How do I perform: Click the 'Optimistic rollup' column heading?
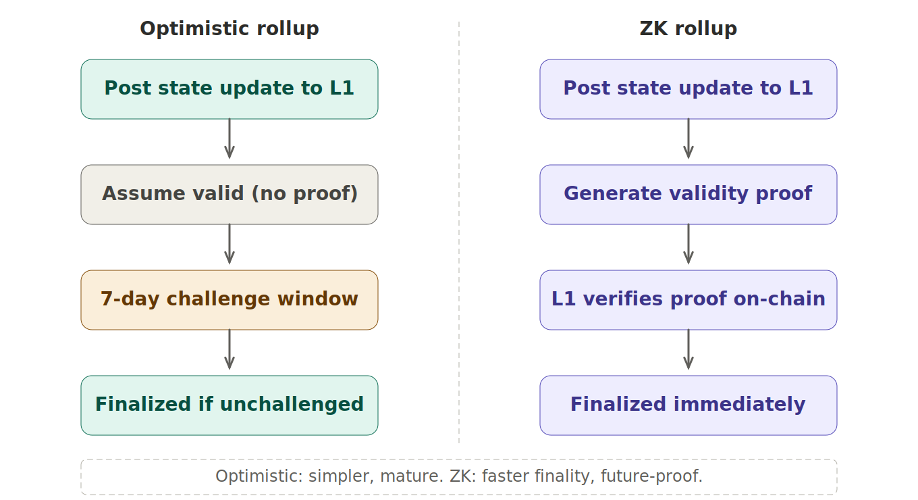230,29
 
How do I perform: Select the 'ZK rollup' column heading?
688,29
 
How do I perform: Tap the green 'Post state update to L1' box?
230,89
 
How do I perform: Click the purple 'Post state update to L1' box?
688,89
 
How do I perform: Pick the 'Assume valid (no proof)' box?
230,195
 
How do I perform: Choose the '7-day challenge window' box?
230,300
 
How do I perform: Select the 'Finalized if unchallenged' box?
230,405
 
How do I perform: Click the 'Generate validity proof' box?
688,195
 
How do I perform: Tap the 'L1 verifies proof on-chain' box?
688,300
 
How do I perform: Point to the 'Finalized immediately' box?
688,405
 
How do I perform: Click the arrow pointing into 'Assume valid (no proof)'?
230,141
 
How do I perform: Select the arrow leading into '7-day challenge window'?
230,246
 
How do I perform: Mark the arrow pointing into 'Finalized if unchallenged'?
230,351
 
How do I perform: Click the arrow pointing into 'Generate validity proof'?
688,141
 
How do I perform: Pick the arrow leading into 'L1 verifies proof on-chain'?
688,246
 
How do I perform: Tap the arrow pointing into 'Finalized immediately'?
688,351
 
